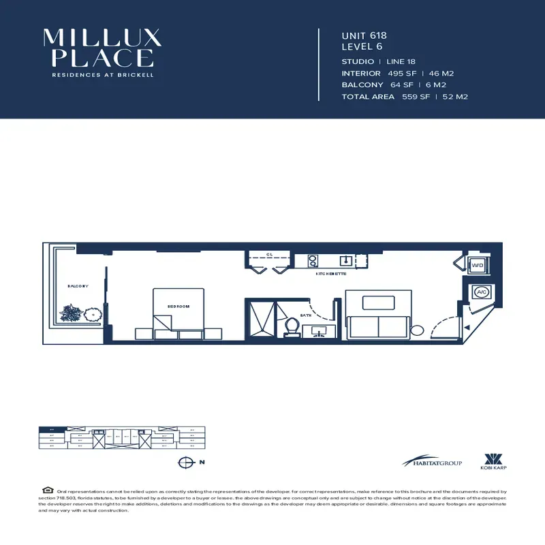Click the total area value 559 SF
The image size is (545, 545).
coord(416,97)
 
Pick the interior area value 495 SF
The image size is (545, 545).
coord(401,73)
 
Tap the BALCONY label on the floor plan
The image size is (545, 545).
coord(78,286)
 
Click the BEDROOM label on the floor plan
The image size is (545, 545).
coord(178,307)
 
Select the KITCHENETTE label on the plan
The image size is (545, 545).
coord(331,273)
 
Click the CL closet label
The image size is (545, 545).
coord(270,254)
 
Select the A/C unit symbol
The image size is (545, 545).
coord(482,292)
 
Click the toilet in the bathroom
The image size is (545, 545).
coord(290,327)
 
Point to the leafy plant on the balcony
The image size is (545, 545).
coord(69,313)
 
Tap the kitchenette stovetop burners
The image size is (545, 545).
coord(313,260)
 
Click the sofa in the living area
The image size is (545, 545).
coord(378,327)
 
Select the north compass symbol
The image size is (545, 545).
coord(184,463)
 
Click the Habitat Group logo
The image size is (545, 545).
coord(432,463)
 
